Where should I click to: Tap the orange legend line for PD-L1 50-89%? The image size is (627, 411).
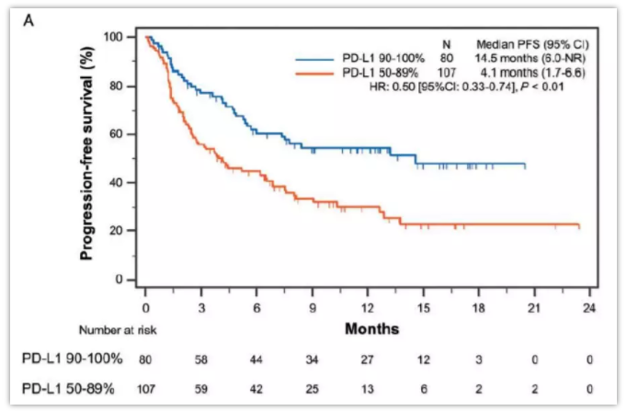[x=316, y=72]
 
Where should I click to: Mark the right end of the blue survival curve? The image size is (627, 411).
[x=525, y=166]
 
